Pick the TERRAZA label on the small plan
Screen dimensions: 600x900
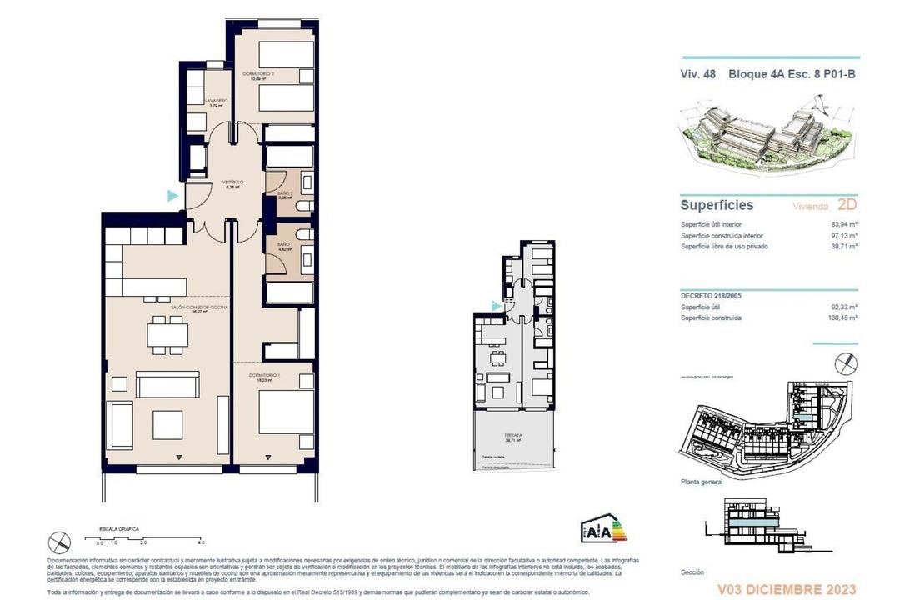[513, 437]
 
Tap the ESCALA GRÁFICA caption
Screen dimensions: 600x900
[119, 529]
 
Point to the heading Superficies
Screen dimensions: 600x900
[717, 205]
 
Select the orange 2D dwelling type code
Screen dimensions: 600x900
[847, 205]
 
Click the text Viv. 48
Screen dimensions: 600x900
[698, 73]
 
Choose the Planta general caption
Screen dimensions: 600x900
[702, 482]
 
